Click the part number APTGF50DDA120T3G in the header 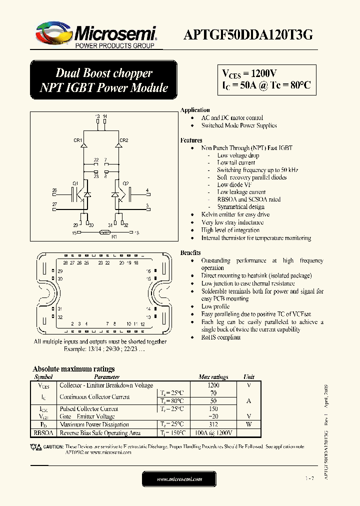[248, 35]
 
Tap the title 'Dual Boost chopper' [104, 73]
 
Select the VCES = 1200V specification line [249, 73]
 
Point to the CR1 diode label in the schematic [78, 140]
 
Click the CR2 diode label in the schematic [124, 140]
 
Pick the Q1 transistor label [75, 183]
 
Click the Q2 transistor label [126, 183]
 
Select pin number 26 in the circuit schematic [54, 190]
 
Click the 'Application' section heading [195, 110]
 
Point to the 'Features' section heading [191, 140]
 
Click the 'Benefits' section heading [190, 253]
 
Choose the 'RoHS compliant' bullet [221, 337]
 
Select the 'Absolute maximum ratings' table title [73, 369]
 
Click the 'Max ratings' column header [213, 377]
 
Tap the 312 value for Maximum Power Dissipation [213, 424]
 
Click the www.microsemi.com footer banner [179, 479]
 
